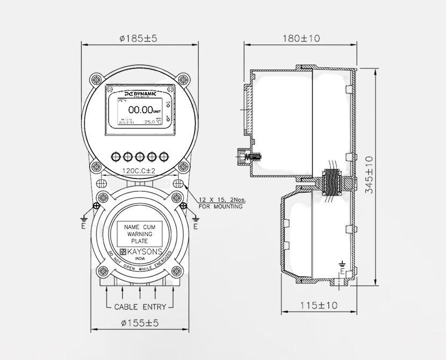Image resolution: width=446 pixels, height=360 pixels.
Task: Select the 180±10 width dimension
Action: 301,38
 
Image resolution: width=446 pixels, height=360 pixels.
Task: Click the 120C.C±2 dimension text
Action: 138,170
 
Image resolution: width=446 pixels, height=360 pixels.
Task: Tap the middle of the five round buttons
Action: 140,156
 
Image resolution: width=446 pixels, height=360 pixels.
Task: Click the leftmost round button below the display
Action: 116,156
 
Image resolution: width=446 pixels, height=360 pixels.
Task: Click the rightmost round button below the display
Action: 164,156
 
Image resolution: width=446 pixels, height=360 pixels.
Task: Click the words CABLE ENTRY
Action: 140,307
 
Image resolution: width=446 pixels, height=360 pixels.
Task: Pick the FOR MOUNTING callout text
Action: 220,206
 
